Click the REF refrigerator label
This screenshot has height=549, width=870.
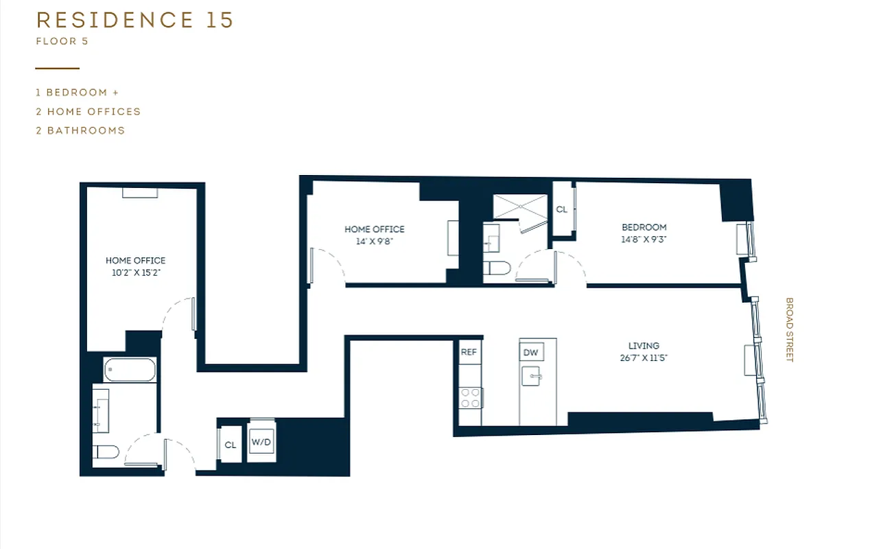click(469, 352)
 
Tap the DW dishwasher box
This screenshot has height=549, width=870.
click(530, 352)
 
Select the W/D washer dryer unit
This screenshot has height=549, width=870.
click(261, 443)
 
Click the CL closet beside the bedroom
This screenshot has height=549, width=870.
click(561, 209)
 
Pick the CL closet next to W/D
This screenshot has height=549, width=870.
click(231, 445)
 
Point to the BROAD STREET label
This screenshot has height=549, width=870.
click(789, 329)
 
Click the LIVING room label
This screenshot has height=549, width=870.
click(644, 346)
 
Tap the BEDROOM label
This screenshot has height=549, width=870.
click(644, 227)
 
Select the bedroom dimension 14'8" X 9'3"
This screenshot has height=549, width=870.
click(644, 240)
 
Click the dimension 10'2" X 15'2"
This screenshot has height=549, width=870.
click(135, 272)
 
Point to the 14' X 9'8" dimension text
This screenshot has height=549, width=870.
click(374, 241)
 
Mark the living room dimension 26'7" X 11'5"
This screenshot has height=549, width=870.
click(644, 358)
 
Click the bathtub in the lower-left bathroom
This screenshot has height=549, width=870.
click(130, 370)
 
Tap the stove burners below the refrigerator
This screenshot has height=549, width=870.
click(470, 398)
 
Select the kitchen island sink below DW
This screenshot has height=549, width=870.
click(532, 375)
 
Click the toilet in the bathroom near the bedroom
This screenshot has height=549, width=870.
click(496, 268)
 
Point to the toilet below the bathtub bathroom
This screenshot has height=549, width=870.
click(106, 452)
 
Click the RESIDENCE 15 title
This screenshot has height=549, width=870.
click(134, 20)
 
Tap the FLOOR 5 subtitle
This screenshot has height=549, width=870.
click(62, 41)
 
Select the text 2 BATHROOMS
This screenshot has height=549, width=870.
click(80, 130)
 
